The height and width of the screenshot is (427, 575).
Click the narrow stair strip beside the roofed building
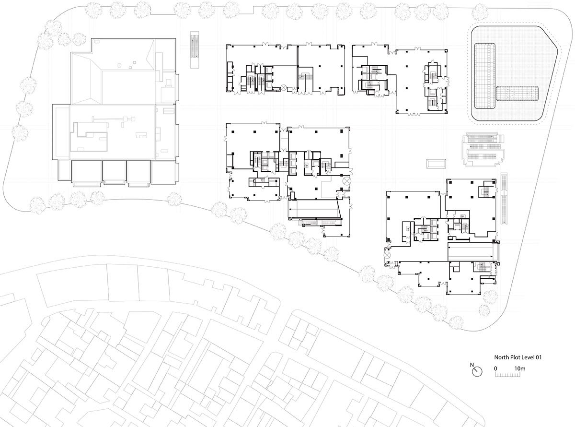pyautogui.click(x=195, y=50)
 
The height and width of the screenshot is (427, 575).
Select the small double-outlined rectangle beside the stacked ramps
pyautogui.click(x=437, y=164)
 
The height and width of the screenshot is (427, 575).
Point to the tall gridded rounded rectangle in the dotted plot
pyautogui.click(x=485, y=75)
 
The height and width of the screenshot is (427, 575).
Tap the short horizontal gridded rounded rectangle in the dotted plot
pyautogui.click(x=517, y=94)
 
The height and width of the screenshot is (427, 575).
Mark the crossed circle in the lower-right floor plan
pyautogui.click(x=387, y=255)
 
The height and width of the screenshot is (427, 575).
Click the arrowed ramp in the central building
pyautogui.click(x=314, y=208)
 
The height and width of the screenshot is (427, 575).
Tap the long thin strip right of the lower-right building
pyautogui.click(x=504, y=199)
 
